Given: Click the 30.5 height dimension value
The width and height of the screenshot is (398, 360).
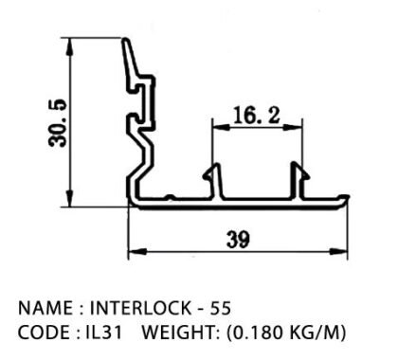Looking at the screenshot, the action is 58,123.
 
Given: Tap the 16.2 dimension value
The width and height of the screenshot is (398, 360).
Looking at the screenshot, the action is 257,115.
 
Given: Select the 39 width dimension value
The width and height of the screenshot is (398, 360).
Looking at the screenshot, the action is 238,240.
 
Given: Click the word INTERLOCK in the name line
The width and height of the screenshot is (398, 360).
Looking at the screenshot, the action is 140,308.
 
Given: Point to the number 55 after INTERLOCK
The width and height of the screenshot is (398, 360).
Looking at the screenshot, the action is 221,308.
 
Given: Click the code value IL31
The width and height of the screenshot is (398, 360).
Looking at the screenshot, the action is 104,333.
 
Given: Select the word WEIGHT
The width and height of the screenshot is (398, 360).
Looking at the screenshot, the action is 178,333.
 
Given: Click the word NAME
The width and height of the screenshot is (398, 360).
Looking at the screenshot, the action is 45,308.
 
